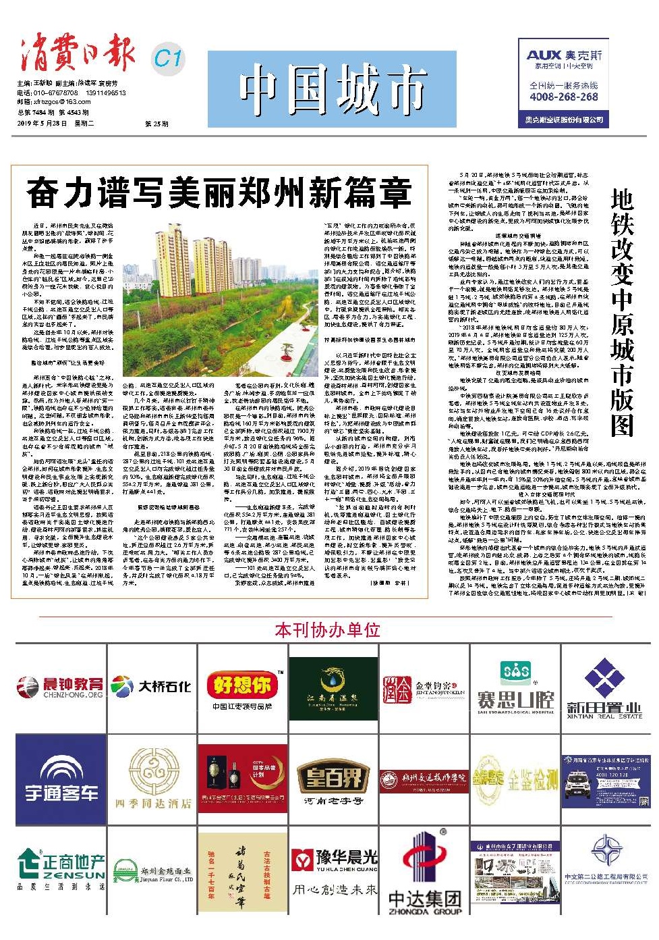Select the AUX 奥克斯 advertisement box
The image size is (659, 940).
(563, 82)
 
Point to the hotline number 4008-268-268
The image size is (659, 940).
(563, 97)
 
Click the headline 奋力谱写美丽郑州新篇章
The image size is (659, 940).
(219, 194)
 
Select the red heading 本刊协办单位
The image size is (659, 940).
(327, 630)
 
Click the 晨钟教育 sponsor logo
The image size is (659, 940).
(61, 687)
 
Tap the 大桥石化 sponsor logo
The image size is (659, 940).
(152, 687)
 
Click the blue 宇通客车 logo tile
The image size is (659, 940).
(61, 779)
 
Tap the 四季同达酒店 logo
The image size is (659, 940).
(152, 779)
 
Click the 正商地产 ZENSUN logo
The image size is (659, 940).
(61, 870)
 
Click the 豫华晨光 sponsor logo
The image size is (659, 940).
(333, 870)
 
